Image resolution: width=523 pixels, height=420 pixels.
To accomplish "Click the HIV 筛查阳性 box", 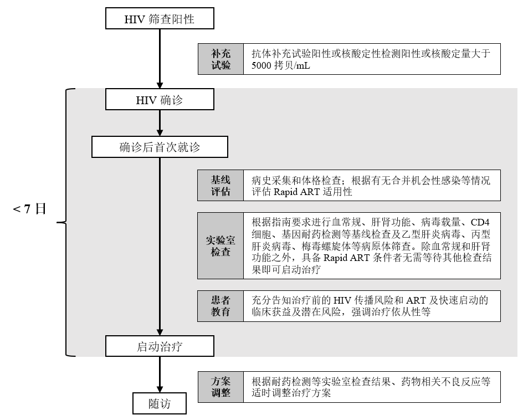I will (x=160, y=19).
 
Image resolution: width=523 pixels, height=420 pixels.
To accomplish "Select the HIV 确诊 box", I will (x=160, y=100).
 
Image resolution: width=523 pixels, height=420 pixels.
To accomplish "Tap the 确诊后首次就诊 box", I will (x=160, y=147).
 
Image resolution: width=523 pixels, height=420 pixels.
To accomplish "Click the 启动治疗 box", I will (x=160, y=347).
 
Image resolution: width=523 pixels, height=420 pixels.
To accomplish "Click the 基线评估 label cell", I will (x=221, y=186).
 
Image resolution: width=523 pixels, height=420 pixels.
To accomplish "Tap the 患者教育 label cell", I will (x=221, y=306).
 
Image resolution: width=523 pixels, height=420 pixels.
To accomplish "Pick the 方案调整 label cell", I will (x=221, y=387).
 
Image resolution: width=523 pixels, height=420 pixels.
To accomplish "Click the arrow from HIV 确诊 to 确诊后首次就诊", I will (x=160, y=124).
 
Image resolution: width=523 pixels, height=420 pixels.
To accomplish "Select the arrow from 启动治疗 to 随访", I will (x=160, y=374).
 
